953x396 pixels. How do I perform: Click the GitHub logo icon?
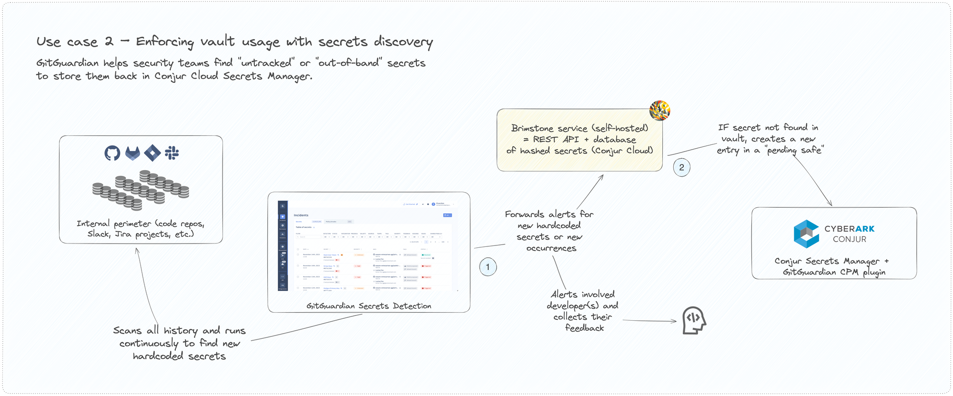112,153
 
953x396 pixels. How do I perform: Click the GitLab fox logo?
132,153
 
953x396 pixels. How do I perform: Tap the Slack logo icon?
172,153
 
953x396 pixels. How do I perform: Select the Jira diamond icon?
152,153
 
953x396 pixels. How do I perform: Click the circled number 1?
487,267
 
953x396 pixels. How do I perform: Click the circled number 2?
681,167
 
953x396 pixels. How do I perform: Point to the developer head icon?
694,320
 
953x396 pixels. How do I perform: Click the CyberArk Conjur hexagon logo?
806,234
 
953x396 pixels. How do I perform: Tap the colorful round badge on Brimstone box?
660,111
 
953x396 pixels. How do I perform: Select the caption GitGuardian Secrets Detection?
368,306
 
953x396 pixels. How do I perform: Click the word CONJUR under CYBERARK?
849,239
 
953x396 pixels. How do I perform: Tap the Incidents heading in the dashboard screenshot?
301,215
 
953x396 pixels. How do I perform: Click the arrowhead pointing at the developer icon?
674,321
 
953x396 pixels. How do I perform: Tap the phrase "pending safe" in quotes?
794,150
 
